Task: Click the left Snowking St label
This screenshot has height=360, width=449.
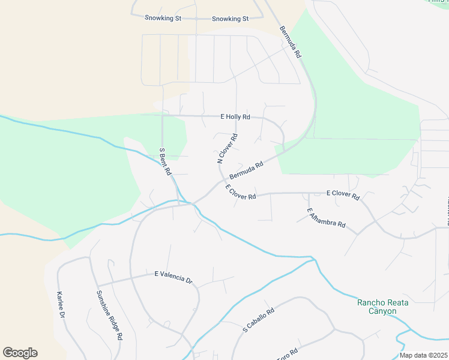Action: [163, 19]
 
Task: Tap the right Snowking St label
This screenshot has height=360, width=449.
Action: [230, 19]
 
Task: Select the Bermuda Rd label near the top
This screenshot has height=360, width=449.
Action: [290, 42]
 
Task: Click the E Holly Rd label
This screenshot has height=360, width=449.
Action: [235, 117]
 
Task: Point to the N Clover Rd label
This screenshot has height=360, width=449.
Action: [228, 148]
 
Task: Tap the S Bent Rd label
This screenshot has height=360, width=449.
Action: [164, 161]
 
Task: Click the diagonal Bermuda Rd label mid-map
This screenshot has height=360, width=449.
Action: [246, 170]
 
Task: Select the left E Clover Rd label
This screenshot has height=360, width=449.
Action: [241, 193]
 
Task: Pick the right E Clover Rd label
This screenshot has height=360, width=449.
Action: [343, 195]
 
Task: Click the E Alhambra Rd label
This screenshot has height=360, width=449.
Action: [326, 218]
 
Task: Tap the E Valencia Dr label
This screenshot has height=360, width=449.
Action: [173, 277]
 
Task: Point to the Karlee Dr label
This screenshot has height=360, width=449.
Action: [61, 305]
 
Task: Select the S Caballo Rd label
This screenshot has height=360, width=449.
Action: [258, 320]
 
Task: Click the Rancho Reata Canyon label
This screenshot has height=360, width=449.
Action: [382, 307]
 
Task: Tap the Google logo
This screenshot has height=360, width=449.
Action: [20, 353]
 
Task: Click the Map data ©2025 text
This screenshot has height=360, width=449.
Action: [423, 355]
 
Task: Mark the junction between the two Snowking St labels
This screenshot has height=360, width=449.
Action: [196, 19]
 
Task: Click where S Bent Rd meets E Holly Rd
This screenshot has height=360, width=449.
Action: [162, 115]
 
